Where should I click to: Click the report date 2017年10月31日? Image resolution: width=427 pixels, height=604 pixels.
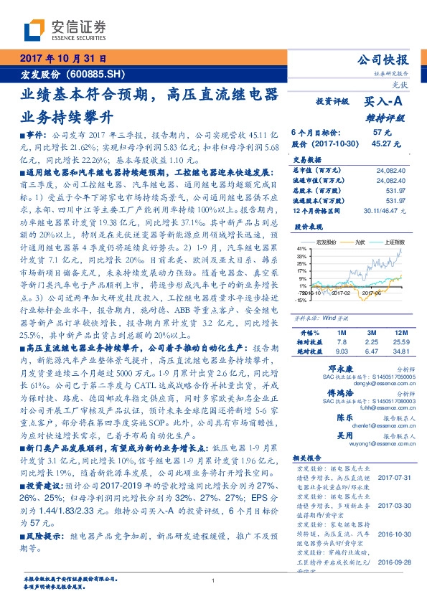62,60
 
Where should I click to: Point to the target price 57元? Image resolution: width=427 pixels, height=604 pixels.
382,133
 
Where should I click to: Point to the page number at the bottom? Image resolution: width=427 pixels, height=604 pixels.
213,581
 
